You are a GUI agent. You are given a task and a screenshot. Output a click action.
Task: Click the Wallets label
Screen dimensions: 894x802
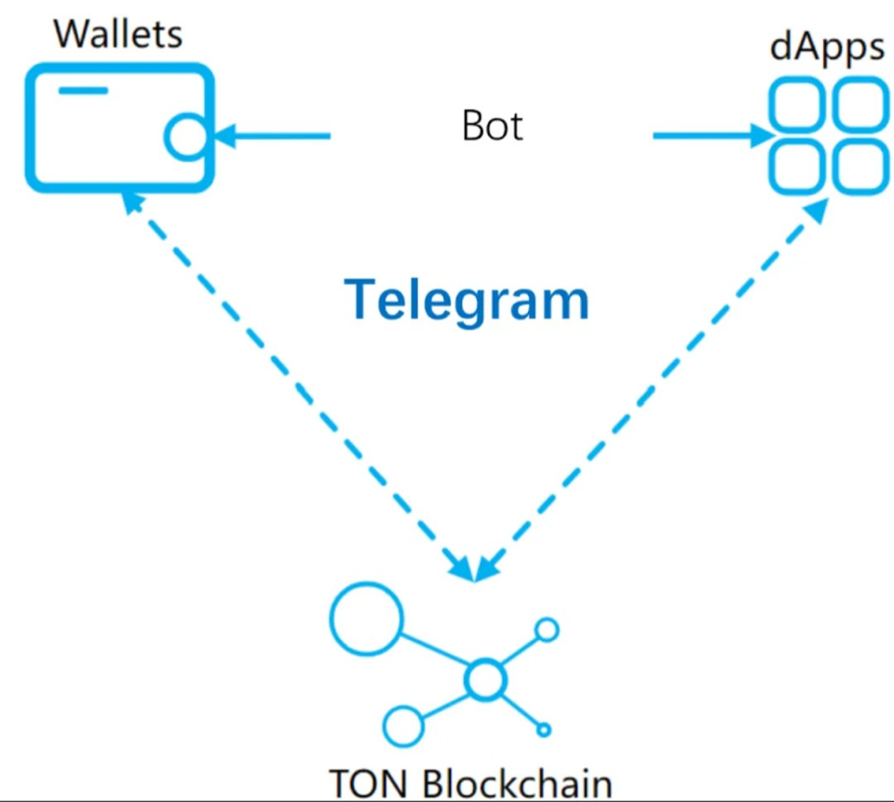tap(118, 34)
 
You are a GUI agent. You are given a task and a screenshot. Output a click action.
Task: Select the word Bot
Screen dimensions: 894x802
tap(492, 126)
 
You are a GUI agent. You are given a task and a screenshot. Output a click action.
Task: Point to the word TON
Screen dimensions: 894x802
tap(369, 783)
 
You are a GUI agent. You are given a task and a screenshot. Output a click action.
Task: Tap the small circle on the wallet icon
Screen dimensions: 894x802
tap(185, 136)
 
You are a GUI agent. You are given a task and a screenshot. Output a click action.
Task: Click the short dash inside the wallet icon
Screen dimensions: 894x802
tap(83, 90)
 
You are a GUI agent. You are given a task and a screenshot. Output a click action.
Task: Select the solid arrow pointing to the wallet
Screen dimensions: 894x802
tap(270, 136)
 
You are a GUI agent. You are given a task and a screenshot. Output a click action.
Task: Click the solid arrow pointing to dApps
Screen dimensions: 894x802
tap(713, 136)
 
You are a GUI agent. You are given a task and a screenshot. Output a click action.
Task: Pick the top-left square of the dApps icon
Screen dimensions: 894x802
tap(796, 104)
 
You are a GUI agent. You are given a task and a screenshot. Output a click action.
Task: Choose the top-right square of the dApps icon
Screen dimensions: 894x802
tap(860, 104)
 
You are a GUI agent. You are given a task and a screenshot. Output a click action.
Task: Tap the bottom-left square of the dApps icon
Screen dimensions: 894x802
tap(796, 168)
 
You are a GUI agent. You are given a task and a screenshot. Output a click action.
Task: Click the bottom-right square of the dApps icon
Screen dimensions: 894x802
tap(860, 168)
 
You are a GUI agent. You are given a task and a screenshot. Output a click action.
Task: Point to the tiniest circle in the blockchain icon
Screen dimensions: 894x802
tap(544, 729)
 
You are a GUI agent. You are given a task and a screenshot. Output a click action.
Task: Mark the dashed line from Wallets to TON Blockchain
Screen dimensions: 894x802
tap(299, 387)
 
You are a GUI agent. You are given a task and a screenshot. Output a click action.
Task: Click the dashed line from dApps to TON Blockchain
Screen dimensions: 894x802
tap(650, 390)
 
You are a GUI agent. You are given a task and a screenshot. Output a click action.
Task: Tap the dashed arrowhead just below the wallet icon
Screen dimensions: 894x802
tap(133, 203)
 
